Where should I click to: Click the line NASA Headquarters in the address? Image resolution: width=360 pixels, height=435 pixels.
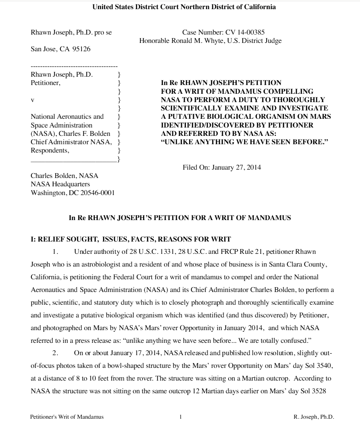tap(60, 184)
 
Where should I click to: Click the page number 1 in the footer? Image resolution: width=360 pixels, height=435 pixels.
tap(180, 417)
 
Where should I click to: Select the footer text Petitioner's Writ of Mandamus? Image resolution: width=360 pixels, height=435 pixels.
tap(67, 417)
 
